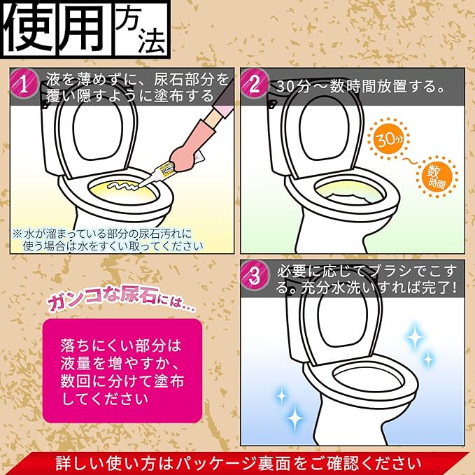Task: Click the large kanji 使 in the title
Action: coord(29,29)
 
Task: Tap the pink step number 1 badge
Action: coord(23,84)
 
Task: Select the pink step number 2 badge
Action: coord(255,84)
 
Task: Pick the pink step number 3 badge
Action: coord(255,276)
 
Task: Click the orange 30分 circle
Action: coord(389,140)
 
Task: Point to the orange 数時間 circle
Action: coord(437,177)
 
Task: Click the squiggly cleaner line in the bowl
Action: coord(122,185)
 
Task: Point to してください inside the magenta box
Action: coord(105,399)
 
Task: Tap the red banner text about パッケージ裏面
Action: coord(239,464)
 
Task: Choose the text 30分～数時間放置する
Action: coord(360,87)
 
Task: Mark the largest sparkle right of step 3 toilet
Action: coord(415,337)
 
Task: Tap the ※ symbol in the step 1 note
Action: coord(17,234)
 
